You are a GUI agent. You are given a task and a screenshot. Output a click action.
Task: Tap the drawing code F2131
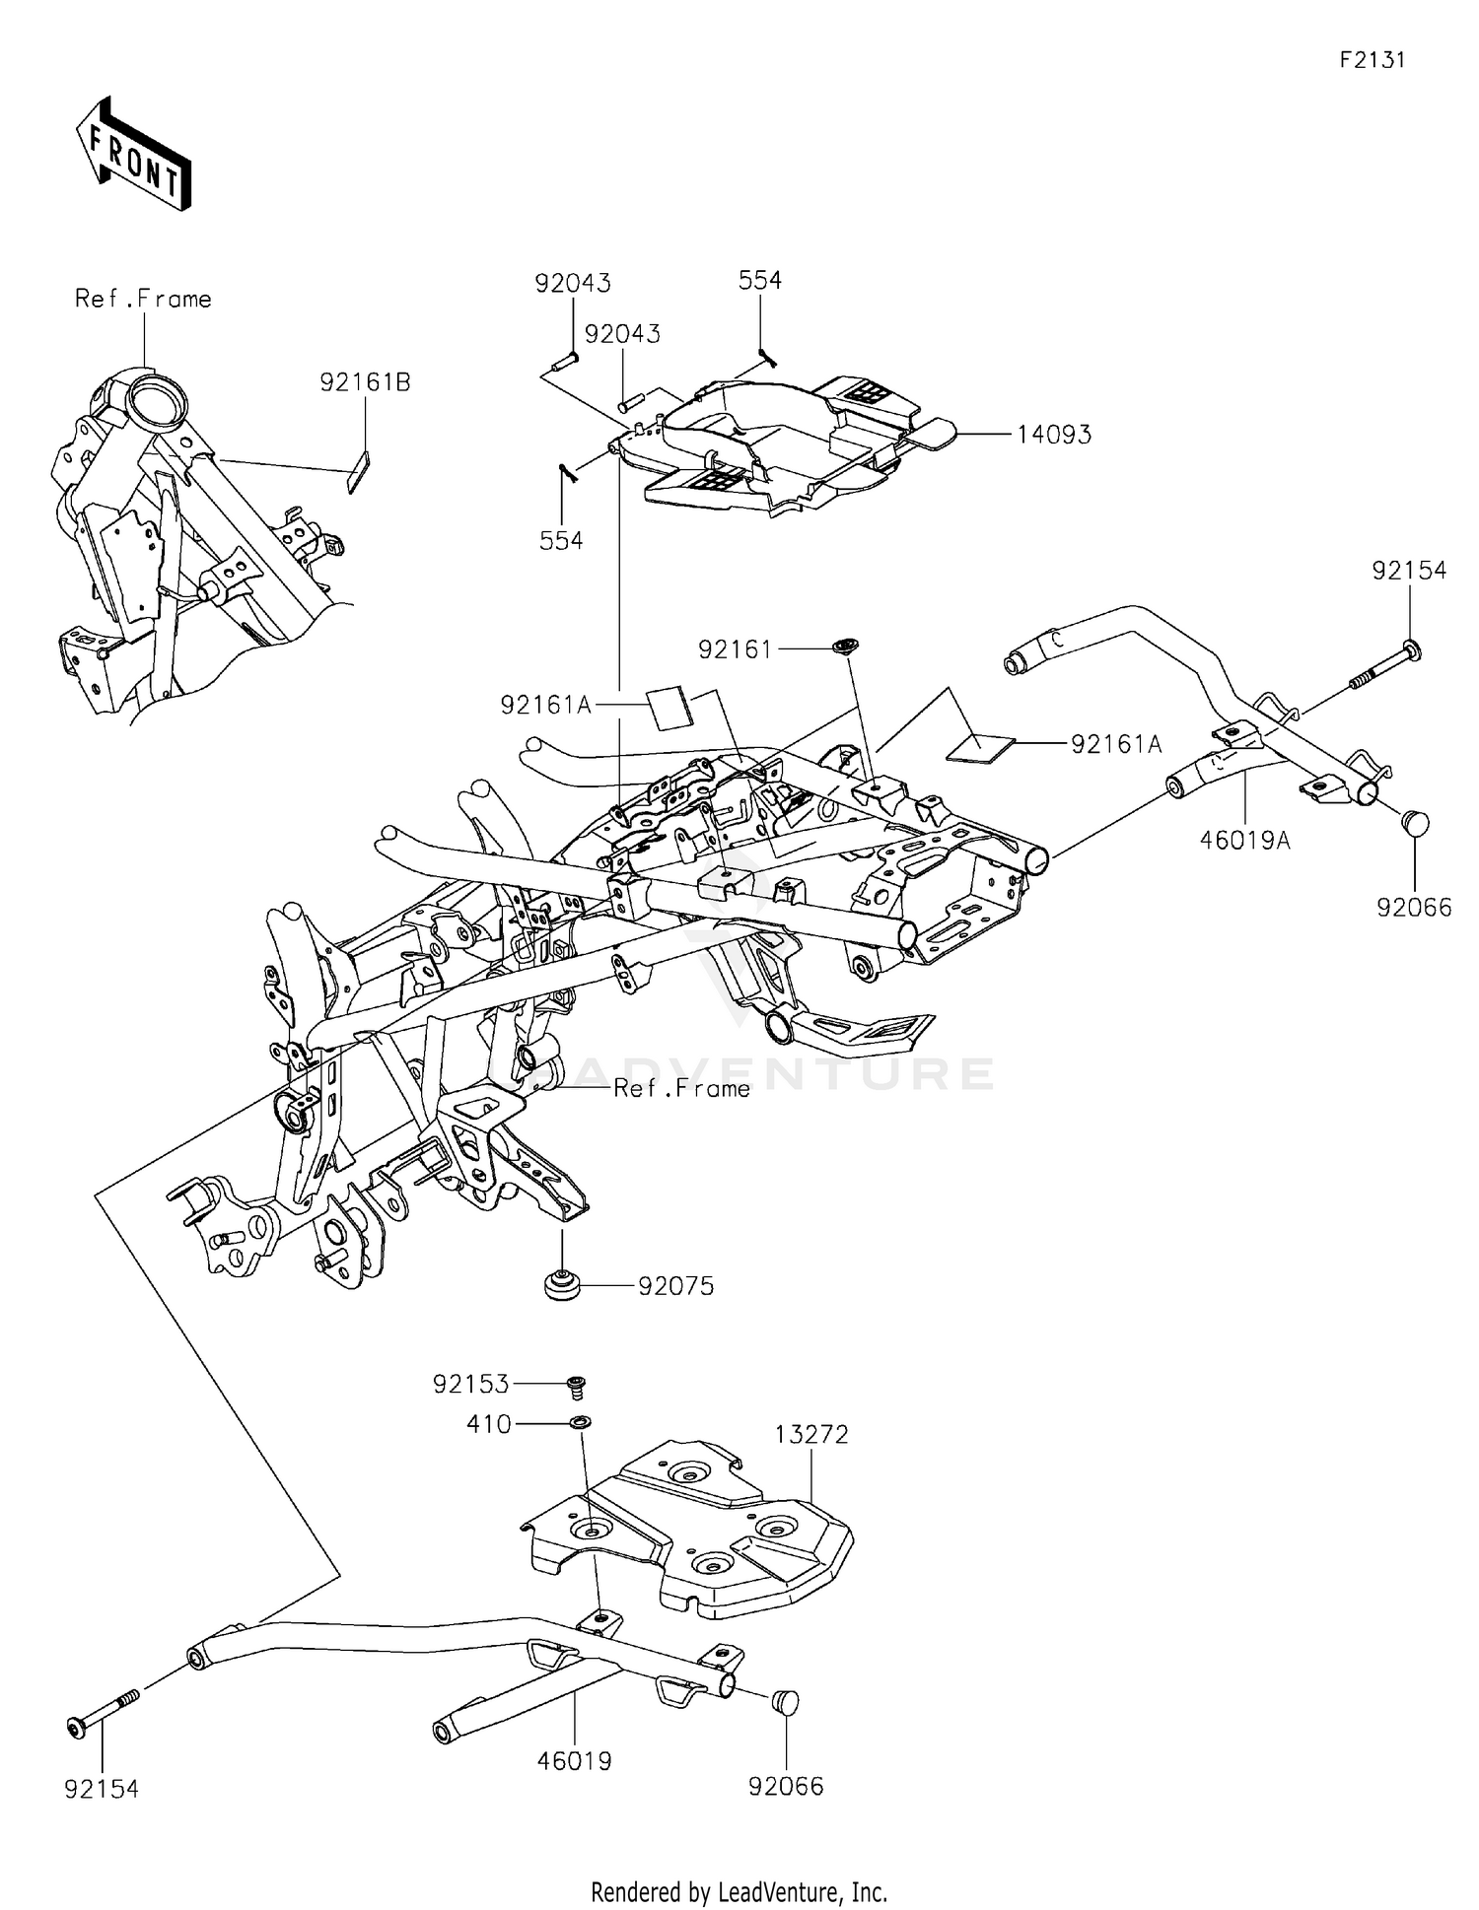pyautogui.click(x=1372, y=60)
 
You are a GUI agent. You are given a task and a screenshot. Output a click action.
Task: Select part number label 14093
pyautogui.click(x=1054, y=435)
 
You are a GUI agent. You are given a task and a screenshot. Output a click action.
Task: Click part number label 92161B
pyautogui.click(x=365, y=382)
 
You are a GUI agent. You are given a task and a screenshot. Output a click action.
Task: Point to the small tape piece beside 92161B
pyautogui.click(x=358, y=471)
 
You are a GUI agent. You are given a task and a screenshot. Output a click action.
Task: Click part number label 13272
pyautogui.click(x=810, y=1434)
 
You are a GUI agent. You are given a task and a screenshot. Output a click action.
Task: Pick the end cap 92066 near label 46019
pyautogui.click(x=786, y=1701)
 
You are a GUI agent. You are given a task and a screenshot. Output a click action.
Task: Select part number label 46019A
pyautogui.click(x=1244, y=840)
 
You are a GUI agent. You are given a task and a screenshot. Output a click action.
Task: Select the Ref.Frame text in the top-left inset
pyautogui.click(x=143, y=299)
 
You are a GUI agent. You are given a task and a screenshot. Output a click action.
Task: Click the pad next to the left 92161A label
pyautogui.click(x=669, y=707)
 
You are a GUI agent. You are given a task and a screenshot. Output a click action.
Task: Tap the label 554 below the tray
pyautogui.click(x=561, y=540)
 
